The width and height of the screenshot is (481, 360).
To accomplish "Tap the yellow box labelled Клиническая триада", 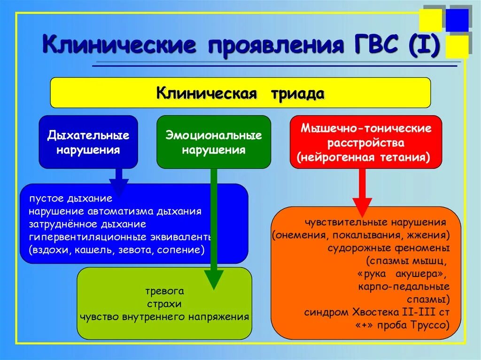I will pos(240,92).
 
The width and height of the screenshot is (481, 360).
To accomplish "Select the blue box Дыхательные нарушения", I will pos(88,142).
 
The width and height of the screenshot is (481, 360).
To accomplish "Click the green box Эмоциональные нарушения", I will pos(214,142).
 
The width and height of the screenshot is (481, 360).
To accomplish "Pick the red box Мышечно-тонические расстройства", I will pos(366,142).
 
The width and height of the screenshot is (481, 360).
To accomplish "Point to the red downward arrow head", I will pos(362,206).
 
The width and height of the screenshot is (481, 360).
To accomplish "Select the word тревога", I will pos(164,291).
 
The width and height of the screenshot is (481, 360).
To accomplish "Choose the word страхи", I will pos(164,304).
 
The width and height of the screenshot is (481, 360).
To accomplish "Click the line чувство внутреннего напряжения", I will pos(164,316).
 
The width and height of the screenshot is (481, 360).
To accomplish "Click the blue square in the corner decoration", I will pos(457,19).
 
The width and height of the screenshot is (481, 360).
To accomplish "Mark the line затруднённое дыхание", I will pos(87,224).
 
